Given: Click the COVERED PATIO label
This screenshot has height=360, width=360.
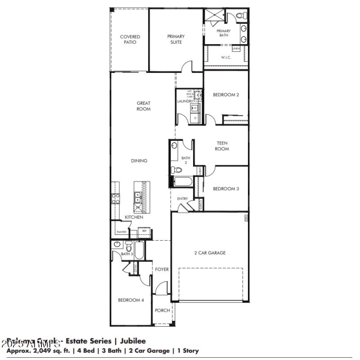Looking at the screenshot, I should coord(130,40).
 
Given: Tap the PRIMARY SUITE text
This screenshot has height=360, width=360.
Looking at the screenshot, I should coord(175,40).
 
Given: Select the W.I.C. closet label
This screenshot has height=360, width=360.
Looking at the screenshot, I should coord(226,58).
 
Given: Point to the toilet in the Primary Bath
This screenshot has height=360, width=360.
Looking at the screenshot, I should coord(240,16).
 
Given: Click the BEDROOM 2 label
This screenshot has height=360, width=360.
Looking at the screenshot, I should coord(225,95).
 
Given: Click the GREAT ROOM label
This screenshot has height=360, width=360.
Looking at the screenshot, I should coord(144,106).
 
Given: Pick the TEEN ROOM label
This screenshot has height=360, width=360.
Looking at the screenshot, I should coord(221,146).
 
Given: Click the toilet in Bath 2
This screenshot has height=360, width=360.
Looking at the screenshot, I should coord(177,170).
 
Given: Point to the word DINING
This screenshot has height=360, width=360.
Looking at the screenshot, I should coord(139,161).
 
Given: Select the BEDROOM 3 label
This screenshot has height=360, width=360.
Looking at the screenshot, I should coord(225,189).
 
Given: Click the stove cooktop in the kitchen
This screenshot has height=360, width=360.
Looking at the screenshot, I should coord(115,198).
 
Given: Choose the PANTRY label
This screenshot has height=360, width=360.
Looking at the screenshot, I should coord(121,232).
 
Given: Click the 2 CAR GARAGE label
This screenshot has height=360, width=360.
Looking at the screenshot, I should coord(210,253).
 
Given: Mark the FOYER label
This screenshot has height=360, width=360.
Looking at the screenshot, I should coord(162,270).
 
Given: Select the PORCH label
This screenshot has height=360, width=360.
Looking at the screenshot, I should coord(162,310).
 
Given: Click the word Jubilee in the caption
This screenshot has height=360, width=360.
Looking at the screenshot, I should coord(130,342).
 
